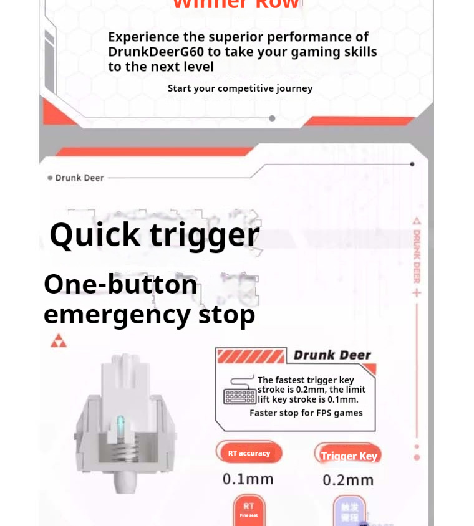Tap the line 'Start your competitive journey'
tap(240, 88)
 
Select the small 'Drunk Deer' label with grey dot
tap(76, 178)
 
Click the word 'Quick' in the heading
tap(95, 236)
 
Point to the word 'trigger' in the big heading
tap(205, 236)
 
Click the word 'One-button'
tap(120, 285)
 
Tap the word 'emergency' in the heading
tap(117, 314)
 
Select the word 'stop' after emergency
tap(226, 314)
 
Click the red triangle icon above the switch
tap(59, 341)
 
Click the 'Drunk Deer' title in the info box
tap(332, 355)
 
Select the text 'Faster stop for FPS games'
tap(306, 413)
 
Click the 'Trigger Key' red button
tap(349, 456)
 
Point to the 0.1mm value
tap(248, 479)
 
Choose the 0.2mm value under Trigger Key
tap(348, 480)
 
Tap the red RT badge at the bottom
tap(249, 509)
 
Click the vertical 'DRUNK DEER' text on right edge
tap(417, 256)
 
